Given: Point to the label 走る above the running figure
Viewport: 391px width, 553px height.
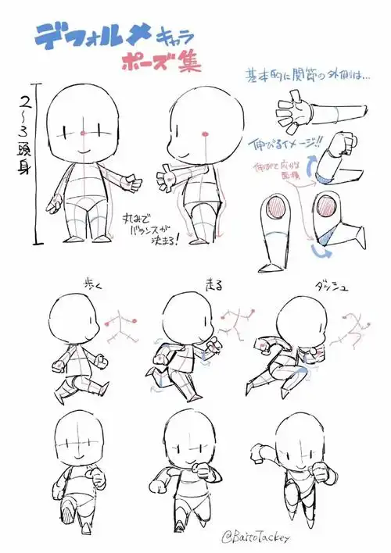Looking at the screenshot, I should [x=213, y=285].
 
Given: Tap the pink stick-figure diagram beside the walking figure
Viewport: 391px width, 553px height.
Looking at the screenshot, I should [x=120, y=327].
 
